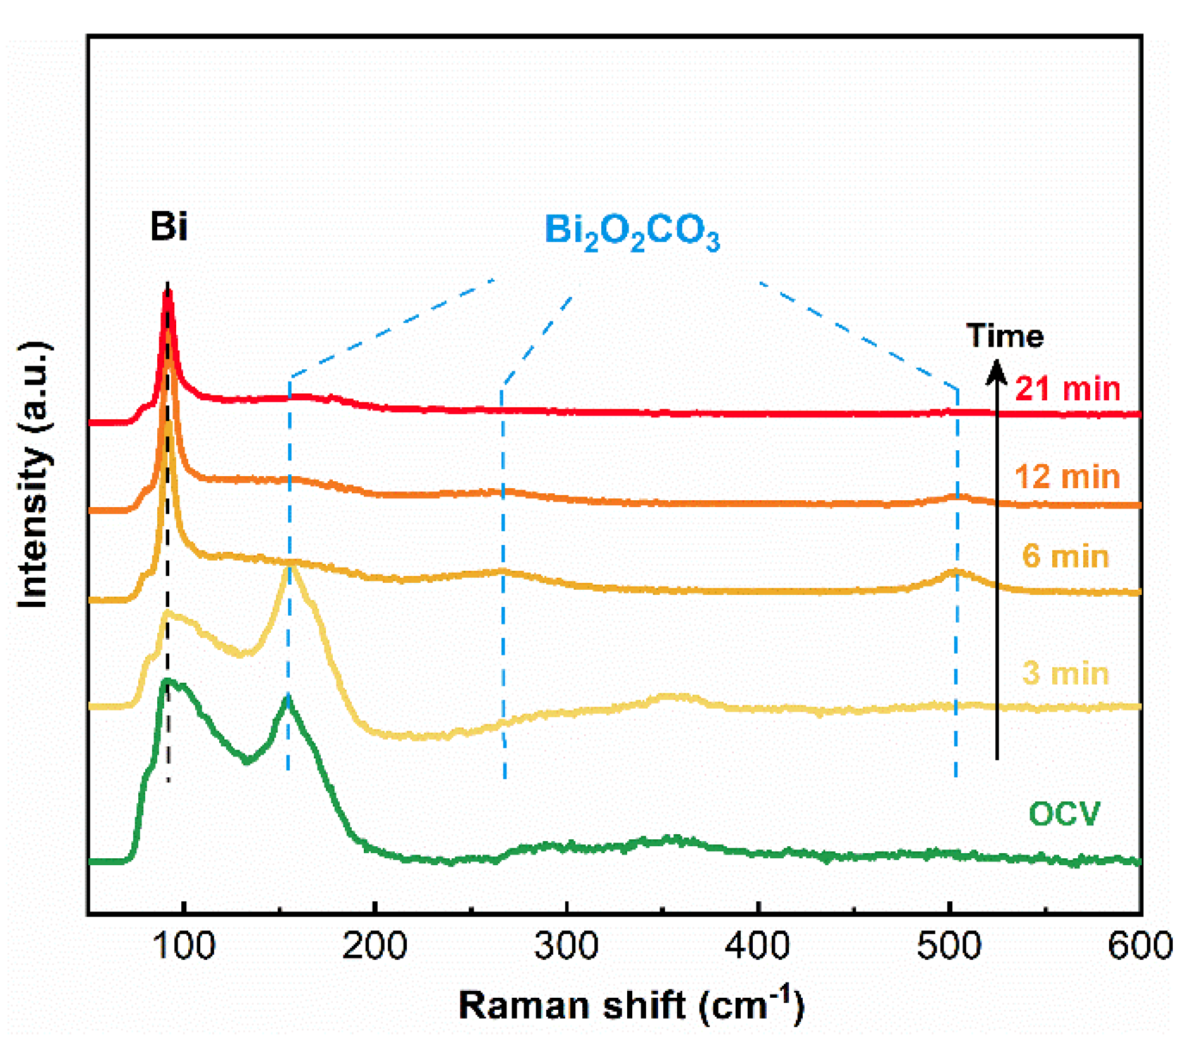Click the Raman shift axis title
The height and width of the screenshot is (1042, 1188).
click(x=631, y=1005)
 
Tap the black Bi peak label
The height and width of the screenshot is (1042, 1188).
click(x=169, y=226)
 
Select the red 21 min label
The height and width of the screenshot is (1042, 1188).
click(x=1067, y=388)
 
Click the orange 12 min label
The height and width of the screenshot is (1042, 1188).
click(x=1067, y=476)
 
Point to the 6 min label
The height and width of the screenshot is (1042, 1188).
click(x=1065, y=556)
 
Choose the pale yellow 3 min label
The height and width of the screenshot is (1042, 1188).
click(x=1065, y=673)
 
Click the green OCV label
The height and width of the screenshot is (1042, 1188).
click(x=1065, y=813)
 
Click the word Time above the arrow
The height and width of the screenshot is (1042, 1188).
click(x=1005, y=335)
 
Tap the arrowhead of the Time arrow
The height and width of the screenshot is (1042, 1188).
click(x=997, y=370)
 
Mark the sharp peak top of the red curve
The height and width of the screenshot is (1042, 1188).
click(x=167, y=292)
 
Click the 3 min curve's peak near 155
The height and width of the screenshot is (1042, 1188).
click(x=290, y=566)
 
